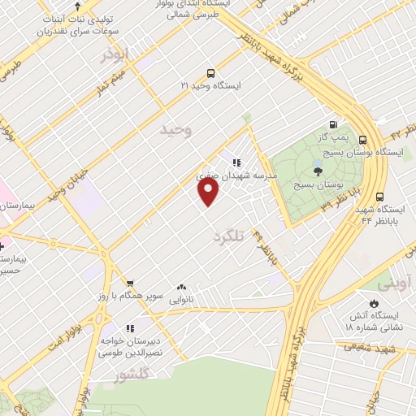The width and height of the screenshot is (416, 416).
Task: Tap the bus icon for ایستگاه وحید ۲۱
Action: point(210,73)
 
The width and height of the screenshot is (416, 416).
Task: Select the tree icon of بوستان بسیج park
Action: point(317,171)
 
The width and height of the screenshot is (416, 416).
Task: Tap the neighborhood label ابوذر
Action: point(115,54)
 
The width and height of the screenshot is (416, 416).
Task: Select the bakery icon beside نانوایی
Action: point(180,288)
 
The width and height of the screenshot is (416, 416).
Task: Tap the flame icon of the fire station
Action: point(373,302)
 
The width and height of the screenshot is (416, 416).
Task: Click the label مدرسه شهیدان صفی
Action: point(240,175)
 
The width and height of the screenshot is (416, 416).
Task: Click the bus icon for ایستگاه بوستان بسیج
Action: point(362,139)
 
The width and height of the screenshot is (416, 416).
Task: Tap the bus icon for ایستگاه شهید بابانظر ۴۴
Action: point(379,196)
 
